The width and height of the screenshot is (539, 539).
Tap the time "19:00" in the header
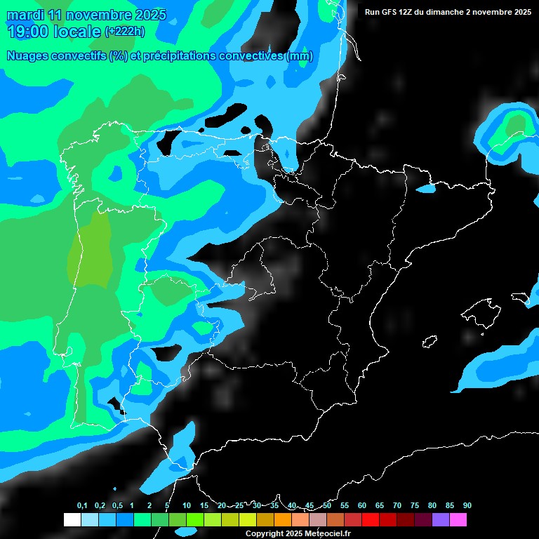tap(30, 31)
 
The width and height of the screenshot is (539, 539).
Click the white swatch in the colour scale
tap(72, 520)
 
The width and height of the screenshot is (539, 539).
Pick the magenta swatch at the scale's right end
tap(458, 520)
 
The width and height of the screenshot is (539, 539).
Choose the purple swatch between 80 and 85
tap(440, 520)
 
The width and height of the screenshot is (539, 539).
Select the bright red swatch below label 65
tap(370, 520)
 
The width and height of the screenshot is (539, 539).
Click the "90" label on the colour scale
tap(467, 506)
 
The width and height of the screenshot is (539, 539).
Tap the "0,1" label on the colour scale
tap(82, 506)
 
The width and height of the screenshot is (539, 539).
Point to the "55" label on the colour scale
tap(344, 506)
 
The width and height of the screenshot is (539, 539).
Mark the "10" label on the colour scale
tap(186, 506)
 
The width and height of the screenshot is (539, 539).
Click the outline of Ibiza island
tap(430, 341)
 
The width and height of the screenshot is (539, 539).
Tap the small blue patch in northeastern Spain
tap(426, 189)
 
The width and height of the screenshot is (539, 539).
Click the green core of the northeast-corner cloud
tap(516, 124)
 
